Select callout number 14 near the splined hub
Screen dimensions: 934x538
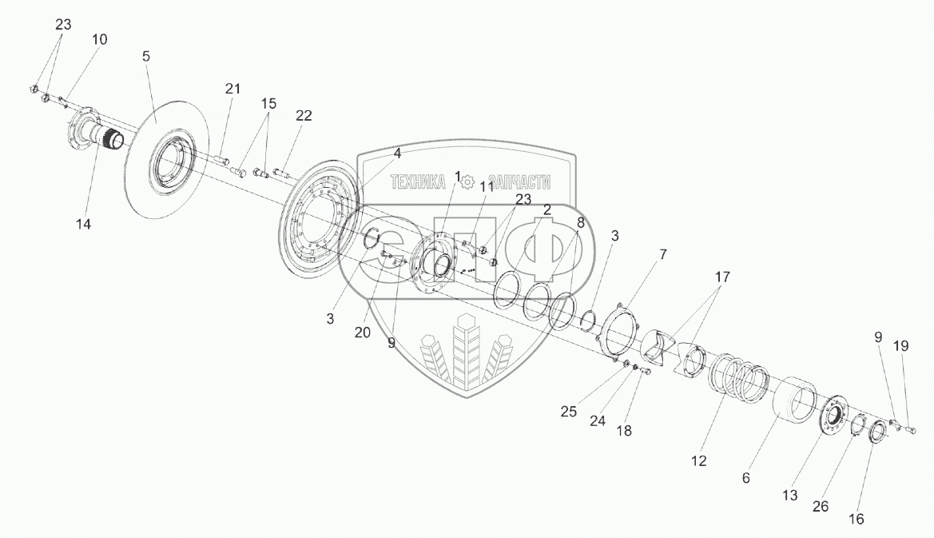[x=84, y=225]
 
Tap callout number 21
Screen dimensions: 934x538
[x=232, y=89]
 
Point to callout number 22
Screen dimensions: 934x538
[x=304, y=115]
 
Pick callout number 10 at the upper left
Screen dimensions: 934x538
[x=99, y=39]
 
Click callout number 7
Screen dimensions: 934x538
[x=662, y=254]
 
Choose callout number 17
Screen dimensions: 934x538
[x=722, y=278]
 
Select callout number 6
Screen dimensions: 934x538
[x=745, y=478]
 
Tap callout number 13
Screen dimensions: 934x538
[x=790, y=496]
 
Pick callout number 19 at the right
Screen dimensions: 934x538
[x=900, y=345]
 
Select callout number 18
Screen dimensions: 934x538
[x=624, y=430]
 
